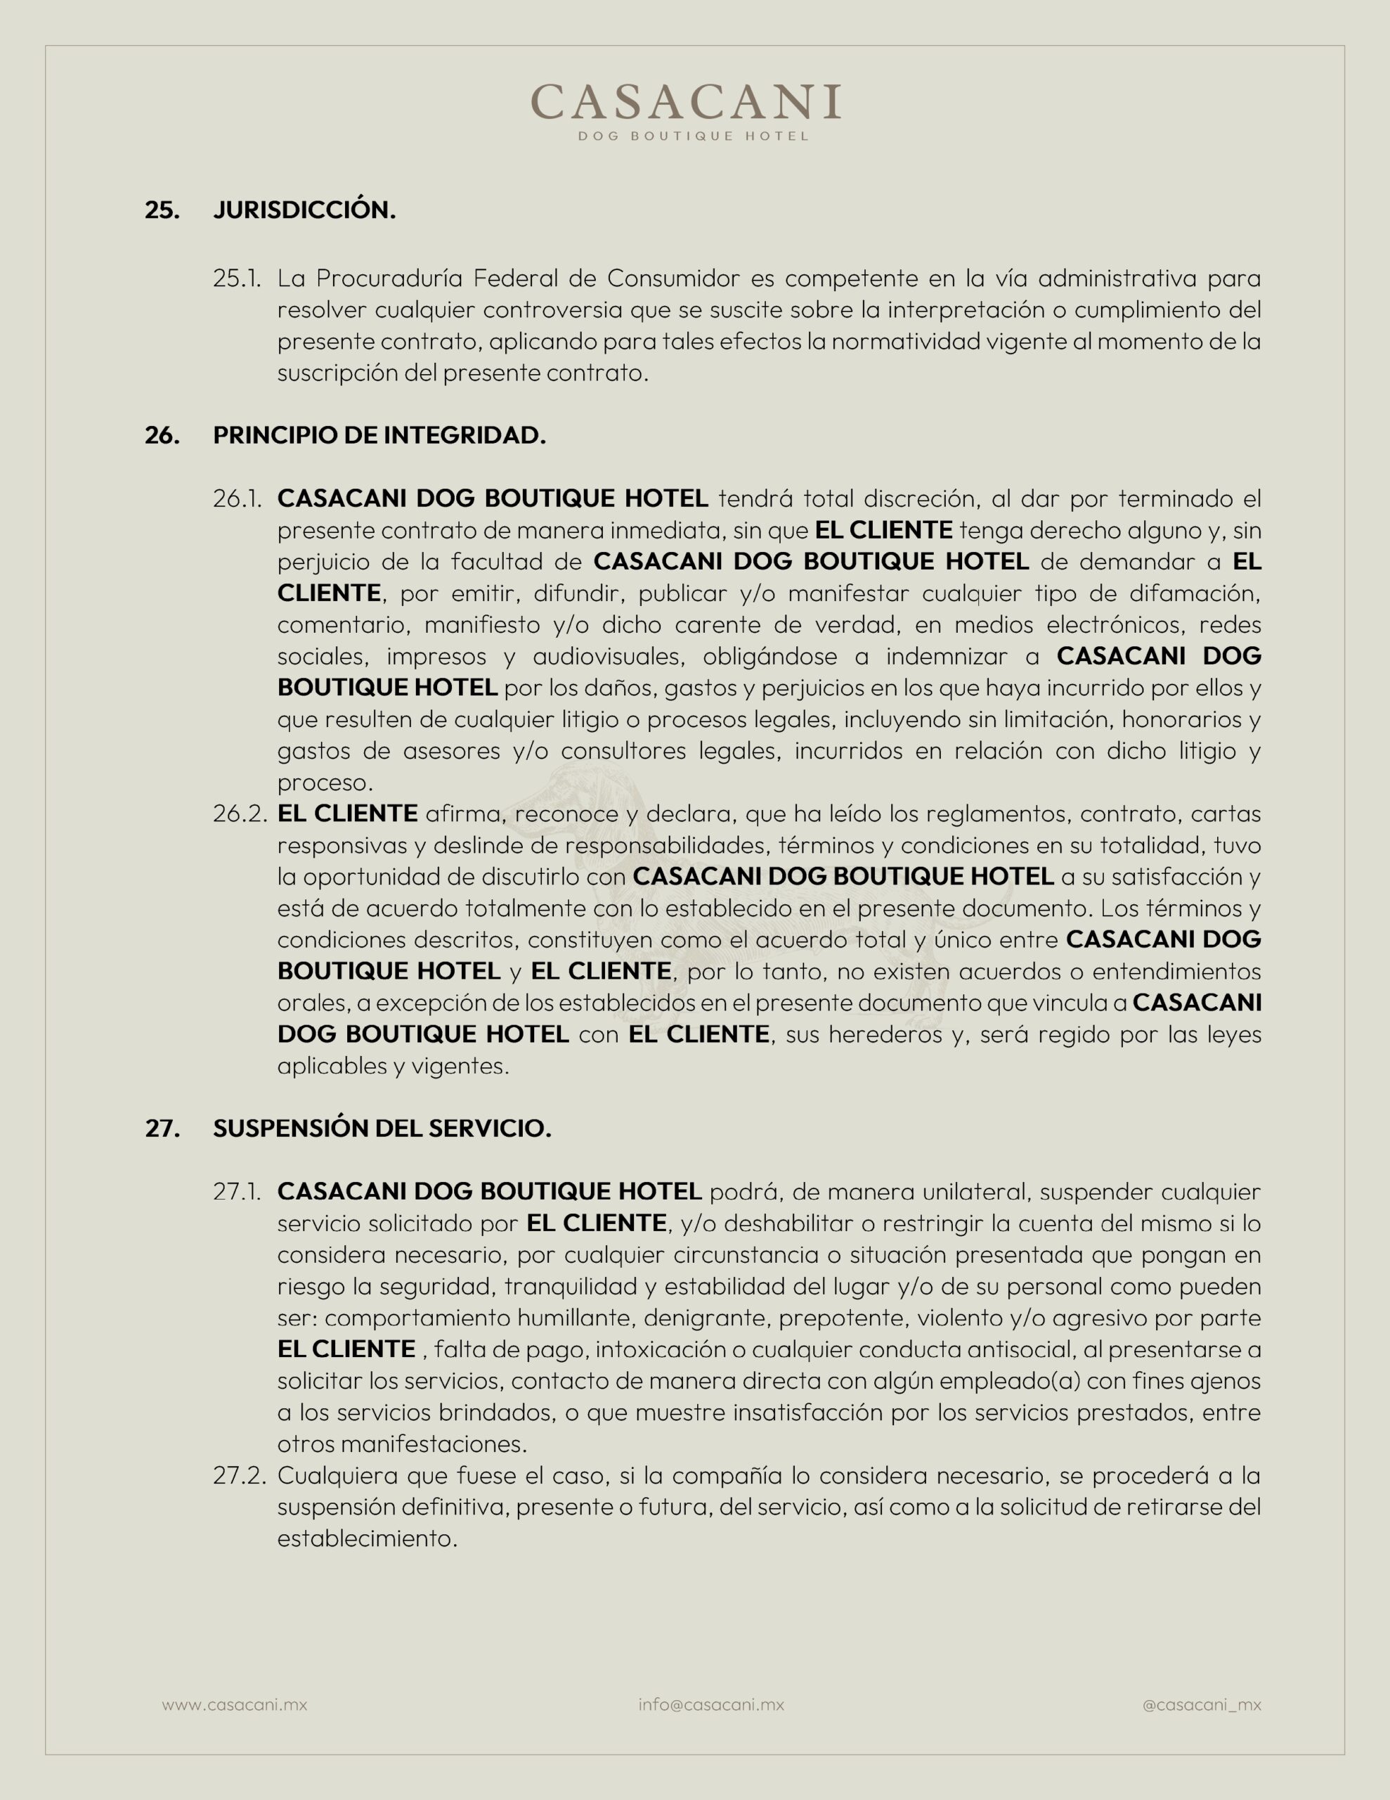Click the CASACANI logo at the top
(686, 102)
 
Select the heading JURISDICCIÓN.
(304, 210)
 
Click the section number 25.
(162, 210)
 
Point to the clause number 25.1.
(237, 278)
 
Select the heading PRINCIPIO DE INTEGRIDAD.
(379, 435)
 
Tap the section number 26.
(162, 435)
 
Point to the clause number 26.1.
(238, 499)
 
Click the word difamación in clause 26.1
(1195, 593)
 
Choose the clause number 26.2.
(240, 814)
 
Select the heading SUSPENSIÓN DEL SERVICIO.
(382, 1129)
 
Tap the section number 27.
(162, 1129)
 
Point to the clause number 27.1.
(238, 1192)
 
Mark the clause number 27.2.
(239, 1475)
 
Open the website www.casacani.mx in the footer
(234, 1704)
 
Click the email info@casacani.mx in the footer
(711, 1704)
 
